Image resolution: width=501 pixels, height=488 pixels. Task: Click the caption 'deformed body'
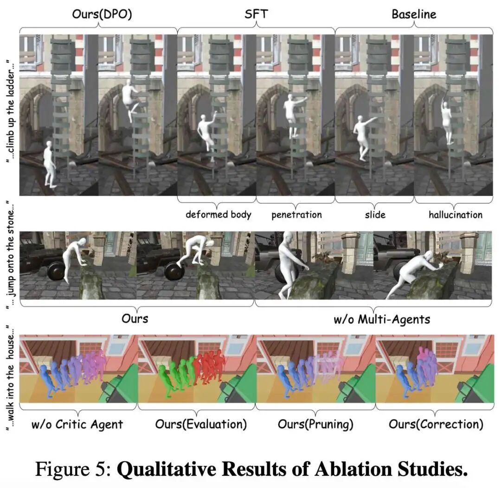(218, 215)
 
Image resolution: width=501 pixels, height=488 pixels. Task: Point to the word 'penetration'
(297, 215)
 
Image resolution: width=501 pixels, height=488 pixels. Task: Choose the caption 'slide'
(375, 215)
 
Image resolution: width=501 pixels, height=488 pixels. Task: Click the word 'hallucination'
(456, 215)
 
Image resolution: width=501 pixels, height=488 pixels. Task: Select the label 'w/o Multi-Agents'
(382, 319)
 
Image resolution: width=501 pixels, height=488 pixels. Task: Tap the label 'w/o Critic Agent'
(77, 424)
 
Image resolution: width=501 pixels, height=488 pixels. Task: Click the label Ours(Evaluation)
(201, 424)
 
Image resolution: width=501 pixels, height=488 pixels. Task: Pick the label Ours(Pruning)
(315, 424)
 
